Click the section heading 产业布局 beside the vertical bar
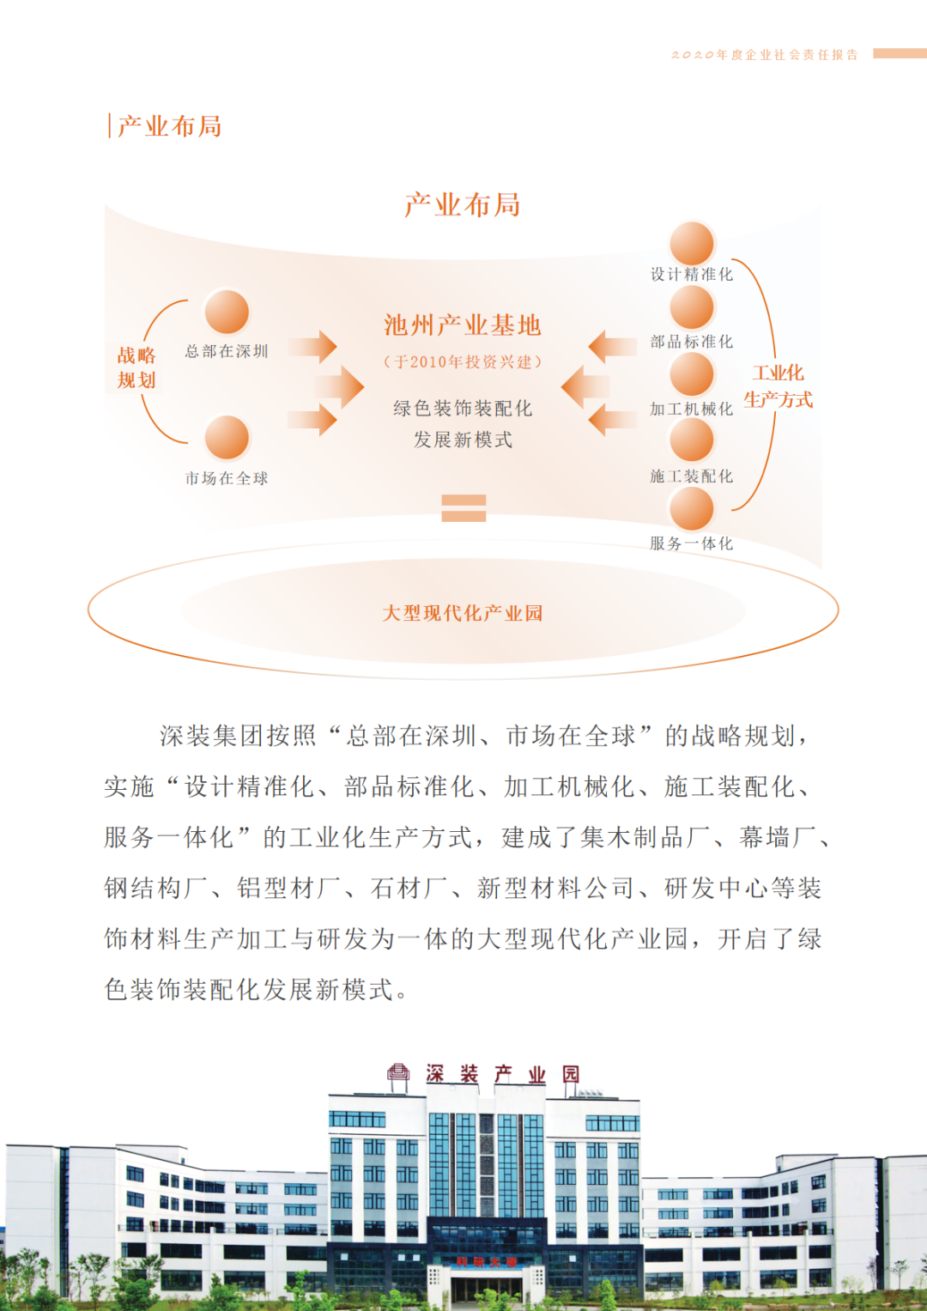tap(170, 126)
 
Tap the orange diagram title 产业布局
tap(463, 205)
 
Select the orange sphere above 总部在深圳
tap(227, 311)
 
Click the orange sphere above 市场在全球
tap(227, 438)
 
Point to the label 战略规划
tap(136, 367)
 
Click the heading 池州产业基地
tap(463, 325)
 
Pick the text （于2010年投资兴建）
tap(463, 362)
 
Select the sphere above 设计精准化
tap(692, 243)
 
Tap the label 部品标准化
tap(692, 342)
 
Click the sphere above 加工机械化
tap(692, 373)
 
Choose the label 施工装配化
tap(692, 476)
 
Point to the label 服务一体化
tap(692, 543)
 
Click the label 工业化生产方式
tap(779, 386)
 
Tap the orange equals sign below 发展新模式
tap(463, 508)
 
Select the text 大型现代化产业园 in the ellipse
tap(463, 613)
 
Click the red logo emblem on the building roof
tap(398, 1073)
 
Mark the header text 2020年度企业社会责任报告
tap(765, 55)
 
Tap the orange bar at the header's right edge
tap(899, 53)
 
